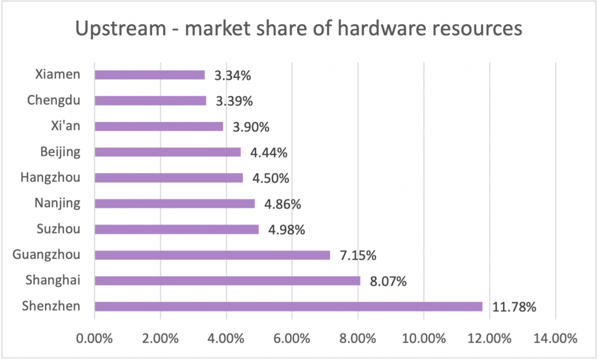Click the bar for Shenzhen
tap(288, 306)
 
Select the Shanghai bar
tap(227, 281)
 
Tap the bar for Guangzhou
tap(212, 255)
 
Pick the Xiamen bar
tap(150, 75)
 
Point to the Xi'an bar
tap(159, 126)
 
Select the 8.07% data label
tap(388, 282)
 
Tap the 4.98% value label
tap(287, 230)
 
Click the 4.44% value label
tap(268, 153)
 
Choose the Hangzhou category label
tap(50, 177)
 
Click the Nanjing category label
tap(57, 203)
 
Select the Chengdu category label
tap(53, 100)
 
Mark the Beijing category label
tap(60, 152)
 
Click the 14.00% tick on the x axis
tap(556, 338)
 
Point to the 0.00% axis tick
tap(94, 338)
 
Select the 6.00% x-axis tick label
tap(291, 338)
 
